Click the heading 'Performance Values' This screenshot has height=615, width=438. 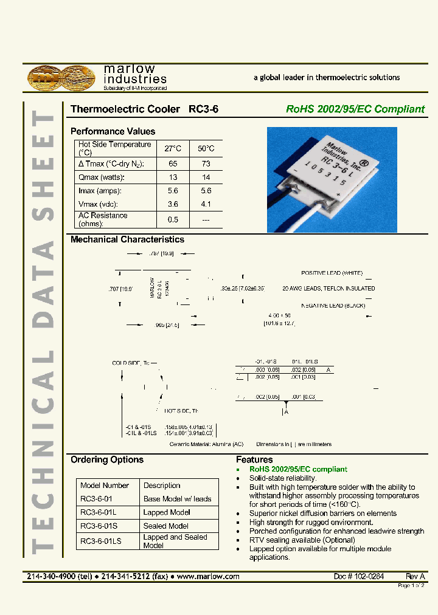point(113,131)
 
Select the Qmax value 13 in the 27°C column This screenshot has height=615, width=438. point(173,177)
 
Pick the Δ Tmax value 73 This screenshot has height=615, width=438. point(206,164)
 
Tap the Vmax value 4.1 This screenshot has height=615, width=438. point(206,205)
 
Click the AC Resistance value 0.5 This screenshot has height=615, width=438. point(173,219)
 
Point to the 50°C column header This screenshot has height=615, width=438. point(206,148)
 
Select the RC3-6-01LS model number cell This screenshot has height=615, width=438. point(101,541)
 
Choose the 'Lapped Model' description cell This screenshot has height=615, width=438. point(167,512)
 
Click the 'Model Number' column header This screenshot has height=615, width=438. point(105,486)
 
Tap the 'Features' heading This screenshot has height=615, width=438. point(254,460)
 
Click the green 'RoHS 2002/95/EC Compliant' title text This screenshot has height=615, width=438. point(355,109)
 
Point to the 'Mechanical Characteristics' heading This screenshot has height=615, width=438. point(127,239)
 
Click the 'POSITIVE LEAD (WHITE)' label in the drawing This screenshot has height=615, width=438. point(332,273)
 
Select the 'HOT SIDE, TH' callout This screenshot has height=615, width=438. point(181,411)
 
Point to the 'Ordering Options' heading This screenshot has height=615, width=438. point(107,460)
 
